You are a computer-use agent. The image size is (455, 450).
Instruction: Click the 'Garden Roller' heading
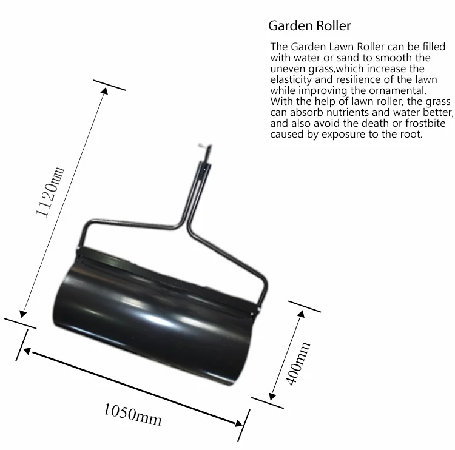point(309,26)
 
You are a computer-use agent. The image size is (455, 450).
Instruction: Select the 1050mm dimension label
point(132,414)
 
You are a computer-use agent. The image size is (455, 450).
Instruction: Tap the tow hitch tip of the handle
point(201,146)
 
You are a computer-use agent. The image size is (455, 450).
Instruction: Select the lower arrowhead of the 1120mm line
point(23,313)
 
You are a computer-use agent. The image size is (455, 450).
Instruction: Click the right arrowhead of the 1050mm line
point(237,423)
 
